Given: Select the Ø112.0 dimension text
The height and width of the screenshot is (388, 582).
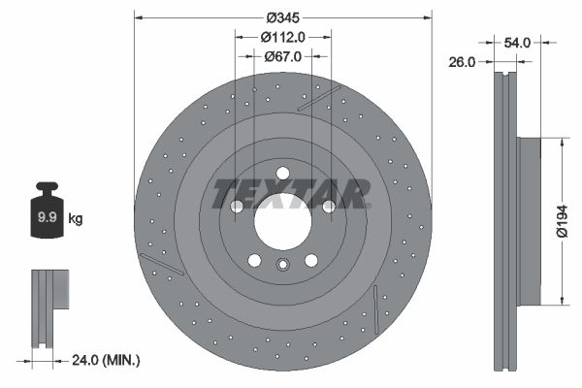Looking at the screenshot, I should tap(283, 37).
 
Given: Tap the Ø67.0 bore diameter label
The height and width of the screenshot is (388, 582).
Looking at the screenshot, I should tap(283, 56).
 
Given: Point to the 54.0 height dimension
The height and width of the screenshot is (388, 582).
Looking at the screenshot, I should tap(518, 42).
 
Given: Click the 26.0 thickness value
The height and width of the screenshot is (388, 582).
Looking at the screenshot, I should tap(462, 62).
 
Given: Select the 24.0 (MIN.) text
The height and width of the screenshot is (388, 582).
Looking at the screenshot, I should tap(106, 361).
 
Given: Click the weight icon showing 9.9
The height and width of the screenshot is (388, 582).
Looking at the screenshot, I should tap(47, 215).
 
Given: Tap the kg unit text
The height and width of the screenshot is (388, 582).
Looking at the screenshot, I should tap(76, 219).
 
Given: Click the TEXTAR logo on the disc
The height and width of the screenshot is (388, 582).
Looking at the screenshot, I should tap(291, 192).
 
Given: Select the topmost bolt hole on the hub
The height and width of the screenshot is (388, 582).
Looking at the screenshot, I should tap(282, 175).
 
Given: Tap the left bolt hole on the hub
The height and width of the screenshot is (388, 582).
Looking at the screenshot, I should tap(237, 207).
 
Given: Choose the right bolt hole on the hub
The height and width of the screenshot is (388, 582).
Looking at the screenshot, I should tap(328, 207).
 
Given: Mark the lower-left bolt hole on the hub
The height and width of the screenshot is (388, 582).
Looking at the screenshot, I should tap(254, 260).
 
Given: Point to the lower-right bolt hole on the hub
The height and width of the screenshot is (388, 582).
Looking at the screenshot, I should tap(310, 260).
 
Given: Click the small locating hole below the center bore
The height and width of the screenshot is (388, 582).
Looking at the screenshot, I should tap(282, 266).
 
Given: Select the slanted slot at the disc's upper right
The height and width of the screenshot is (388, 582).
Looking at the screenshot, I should tap(319, 99).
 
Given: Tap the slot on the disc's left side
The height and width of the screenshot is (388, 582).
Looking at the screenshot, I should tap(161, 263).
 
